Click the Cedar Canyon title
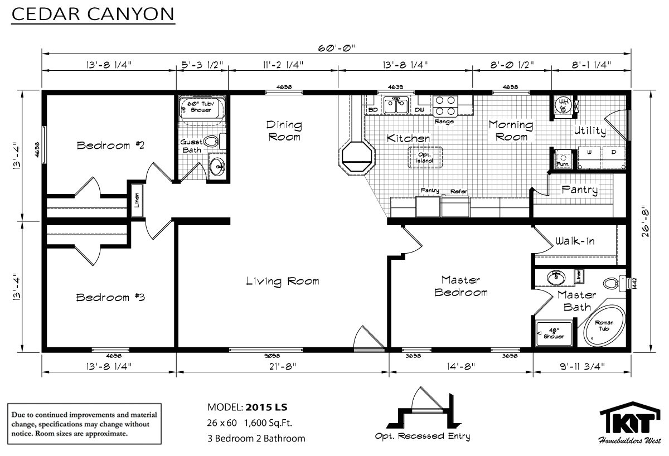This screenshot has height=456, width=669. point(93,14)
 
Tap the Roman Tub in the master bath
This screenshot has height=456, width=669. point(604,326)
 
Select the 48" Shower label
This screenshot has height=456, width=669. point(554,333)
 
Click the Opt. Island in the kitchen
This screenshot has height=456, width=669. point(425,157)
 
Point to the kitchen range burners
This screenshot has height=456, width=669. point(445,105)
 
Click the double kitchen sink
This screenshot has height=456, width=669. point(396,105)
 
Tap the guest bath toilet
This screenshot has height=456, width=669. point(215,142)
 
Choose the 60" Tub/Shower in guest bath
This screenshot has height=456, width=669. point(202,108)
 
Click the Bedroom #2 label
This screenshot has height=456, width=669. point(110,145)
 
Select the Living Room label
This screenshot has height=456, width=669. point(283,282)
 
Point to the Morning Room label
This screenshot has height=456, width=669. point(511,131)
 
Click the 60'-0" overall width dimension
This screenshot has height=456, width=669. point(336,48)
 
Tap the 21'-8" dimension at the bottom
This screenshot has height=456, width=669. point(283,366)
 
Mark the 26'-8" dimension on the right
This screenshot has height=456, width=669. point(646,221)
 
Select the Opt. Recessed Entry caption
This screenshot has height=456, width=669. point(423,436)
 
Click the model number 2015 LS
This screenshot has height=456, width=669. point(266,408)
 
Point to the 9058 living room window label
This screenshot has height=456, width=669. point(273,356)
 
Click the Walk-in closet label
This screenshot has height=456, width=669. point(575,241)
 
